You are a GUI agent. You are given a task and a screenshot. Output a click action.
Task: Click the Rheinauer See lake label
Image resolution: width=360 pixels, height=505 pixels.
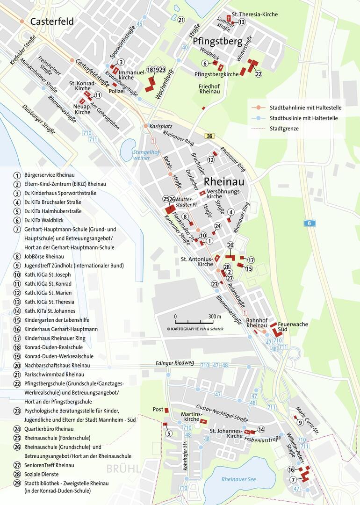pos(239,479)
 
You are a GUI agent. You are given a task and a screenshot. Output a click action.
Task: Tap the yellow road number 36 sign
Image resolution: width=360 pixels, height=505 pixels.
pos(209,136)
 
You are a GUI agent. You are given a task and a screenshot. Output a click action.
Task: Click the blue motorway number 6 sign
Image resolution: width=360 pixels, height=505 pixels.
pos(309,224)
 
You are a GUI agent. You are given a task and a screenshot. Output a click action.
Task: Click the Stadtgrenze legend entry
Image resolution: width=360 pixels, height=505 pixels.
pos(284,128)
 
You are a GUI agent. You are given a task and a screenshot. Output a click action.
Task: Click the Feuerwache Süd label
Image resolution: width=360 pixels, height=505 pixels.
pos(293,327)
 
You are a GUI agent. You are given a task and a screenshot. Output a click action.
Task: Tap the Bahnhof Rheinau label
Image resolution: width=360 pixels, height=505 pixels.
pos(256,323)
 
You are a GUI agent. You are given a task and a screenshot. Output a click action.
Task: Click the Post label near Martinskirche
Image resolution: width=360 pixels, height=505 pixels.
pos(158,410)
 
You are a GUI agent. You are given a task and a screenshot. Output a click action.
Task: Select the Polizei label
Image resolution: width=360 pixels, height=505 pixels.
pos(117,91)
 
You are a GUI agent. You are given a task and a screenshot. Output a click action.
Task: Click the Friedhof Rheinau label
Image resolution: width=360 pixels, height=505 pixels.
pos(209,89)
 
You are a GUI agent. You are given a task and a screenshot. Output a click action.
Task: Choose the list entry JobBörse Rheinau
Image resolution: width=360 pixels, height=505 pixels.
pos(44,256)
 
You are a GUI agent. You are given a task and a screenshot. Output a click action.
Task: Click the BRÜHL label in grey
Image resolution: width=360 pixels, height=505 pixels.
pos(123,469)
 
